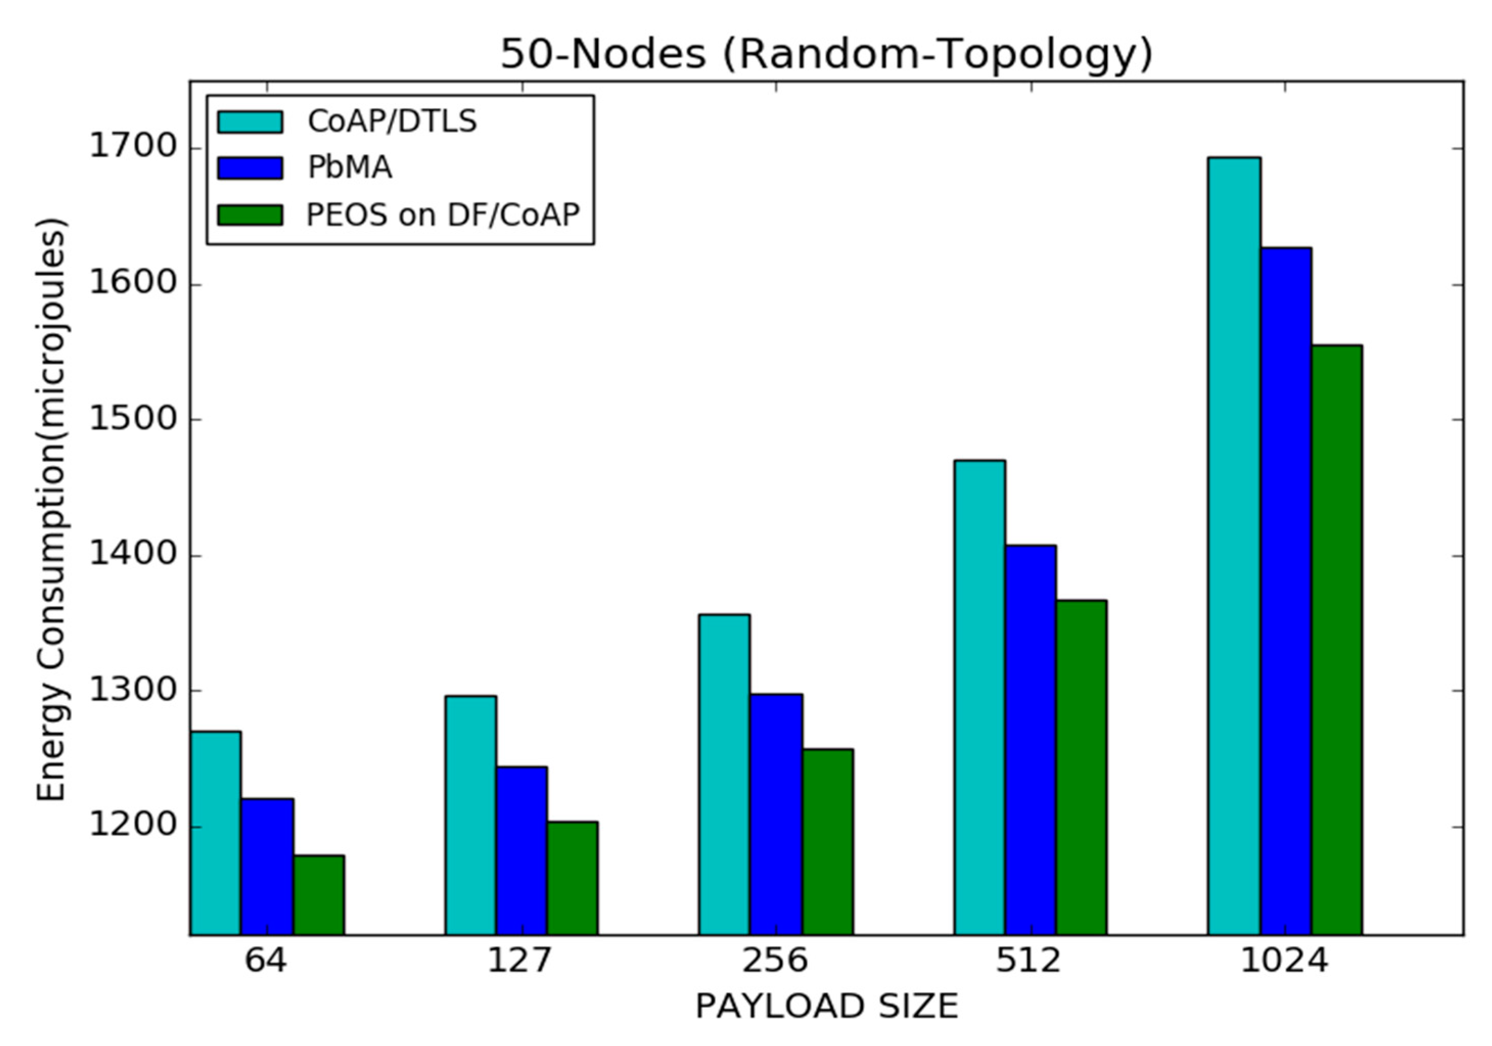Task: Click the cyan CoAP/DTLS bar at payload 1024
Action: tap(1234, 546)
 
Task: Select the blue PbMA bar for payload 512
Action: tap(1031, 740)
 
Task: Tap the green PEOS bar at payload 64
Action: tap(318, 895)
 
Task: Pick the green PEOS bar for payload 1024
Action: tap(1337, 640)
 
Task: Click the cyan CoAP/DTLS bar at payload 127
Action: tap(471, 816)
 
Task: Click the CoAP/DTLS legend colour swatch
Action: tap(250, 122)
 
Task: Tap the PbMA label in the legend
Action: tap(349, 168)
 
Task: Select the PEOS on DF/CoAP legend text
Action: tap(442, 215)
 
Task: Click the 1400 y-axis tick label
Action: tap(124, 555)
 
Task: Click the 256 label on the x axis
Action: tap(775, 960)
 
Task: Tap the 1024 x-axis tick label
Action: tap(1284, 960)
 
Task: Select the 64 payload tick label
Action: tap(265, 960)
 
